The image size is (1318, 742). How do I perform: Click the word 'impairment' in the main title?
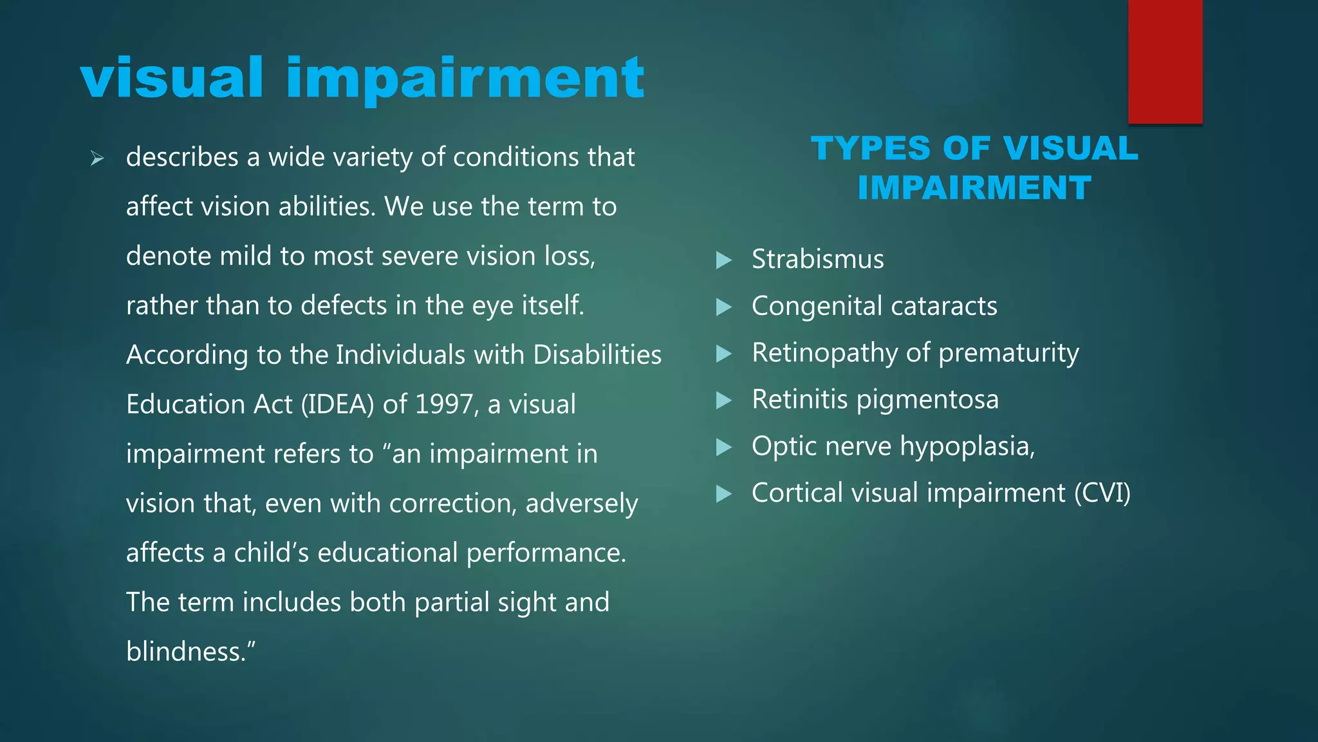click(465, 79)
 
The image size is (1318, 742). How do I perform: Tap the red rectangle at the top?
click(1165, 61)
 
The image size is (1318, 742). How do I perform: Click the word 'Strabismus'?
click(817, 260)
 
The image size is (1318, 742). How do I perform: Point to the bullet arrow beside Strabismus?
click(724, 260)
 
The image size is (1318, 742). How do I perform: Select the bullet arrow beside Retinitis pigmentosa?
click(724, 401)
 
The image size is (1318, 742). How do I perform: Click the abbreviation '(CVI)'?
click(1102, 493)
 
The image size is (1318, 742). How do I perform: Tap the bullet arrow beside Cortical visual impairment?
click(724, 494)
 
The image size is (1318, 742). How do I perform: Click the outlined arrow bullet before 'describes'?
click(97, 158)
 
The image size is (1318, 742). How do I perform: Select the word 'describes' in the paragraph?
click(182, 157)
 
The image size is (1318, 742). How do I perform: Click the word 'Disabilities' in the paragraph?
click(597, 355)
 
